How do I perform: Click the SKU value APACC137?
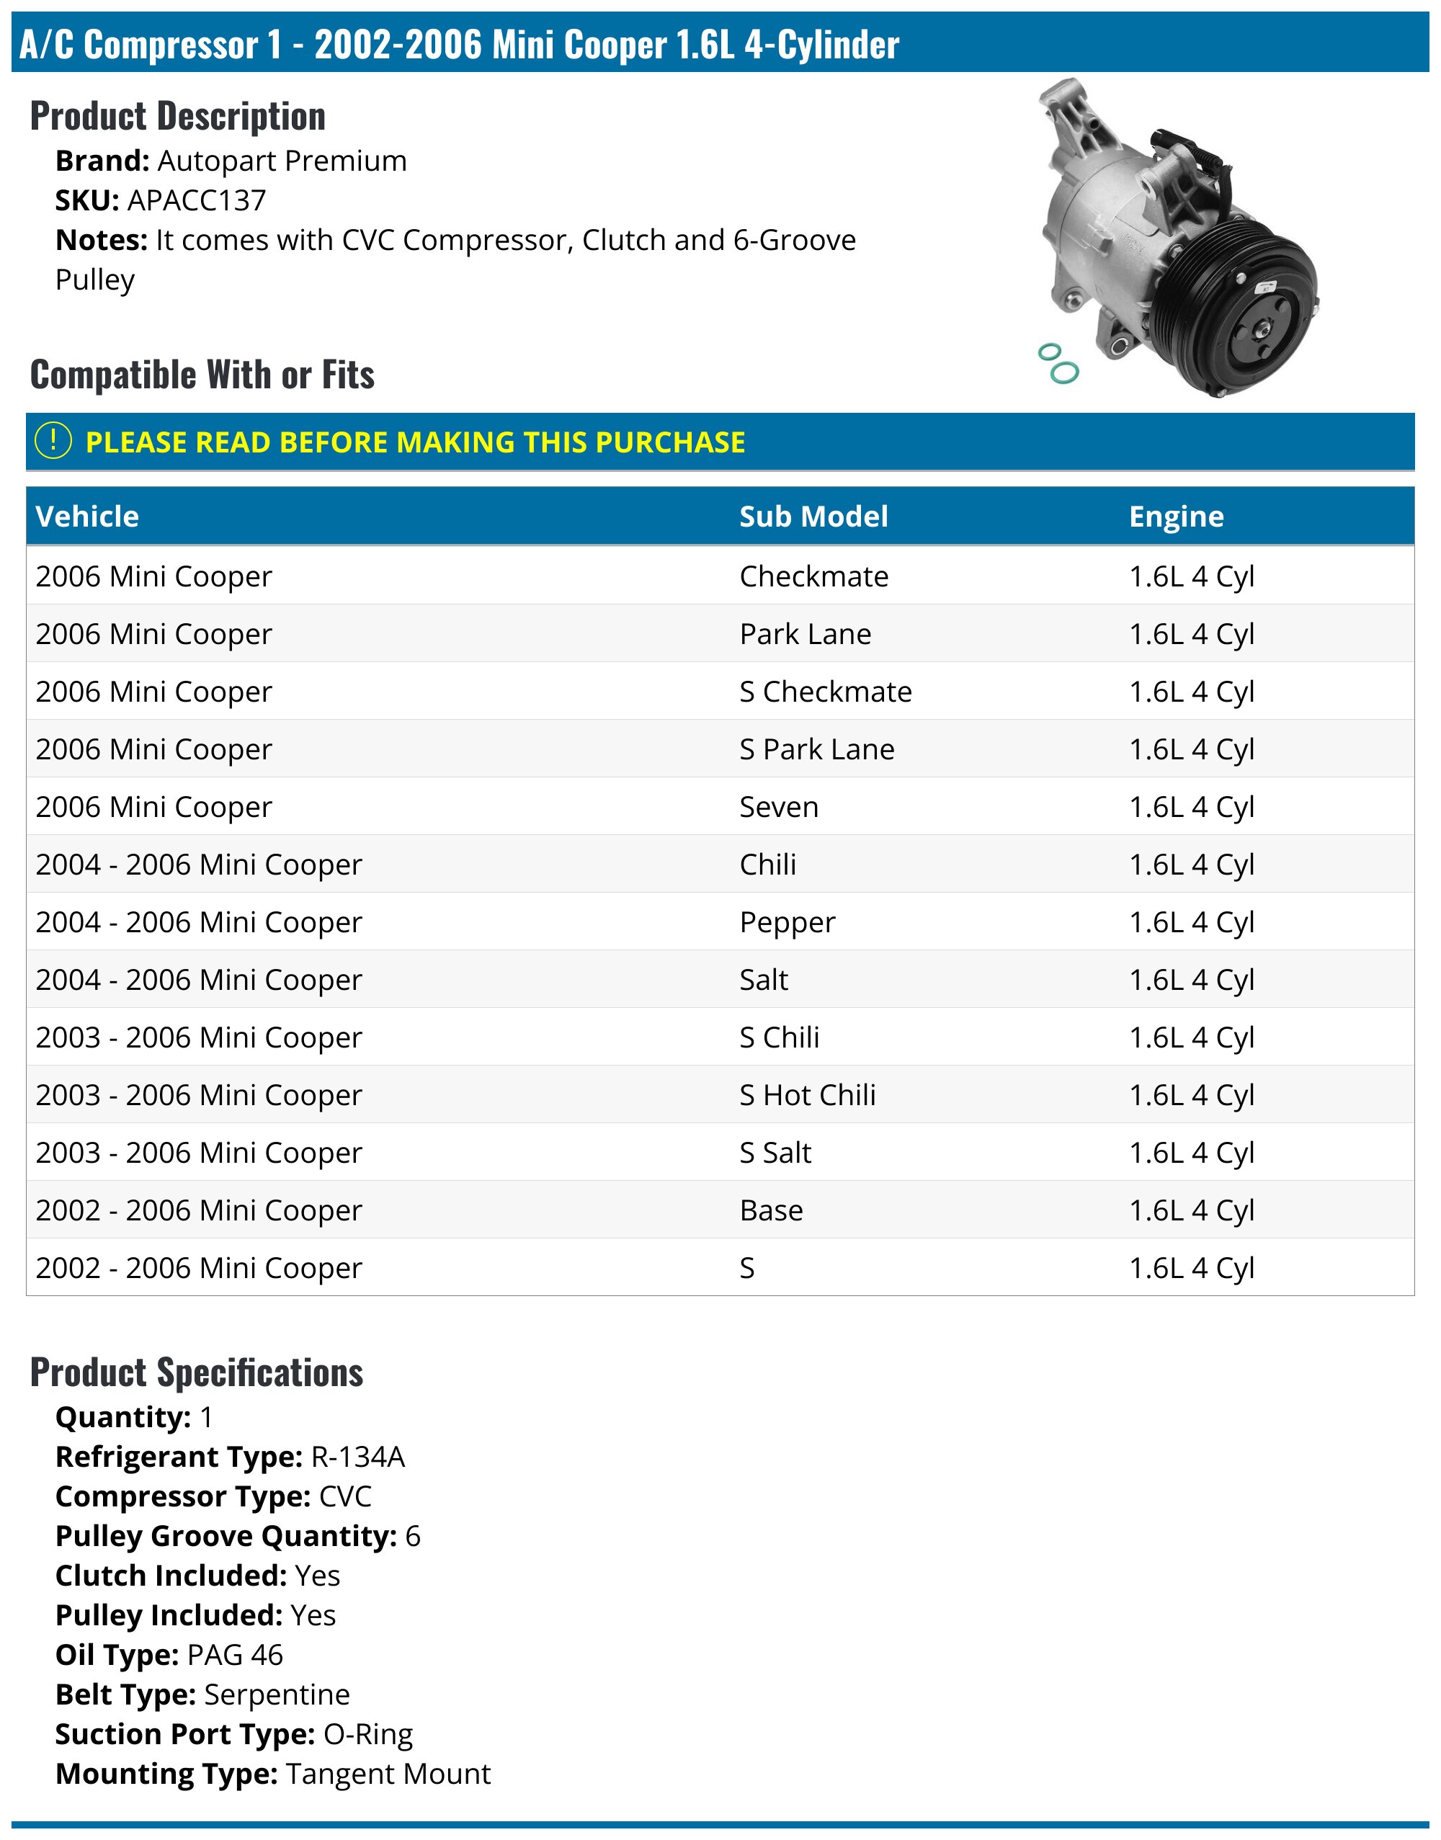pos(197,201)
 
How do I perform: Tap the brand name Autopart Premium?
pos(282,161)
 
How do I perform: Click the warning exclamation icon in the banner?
pos(53,441)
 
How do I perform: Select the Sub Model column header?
pos(813,517)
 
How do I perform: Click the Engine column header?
pos(1176,517)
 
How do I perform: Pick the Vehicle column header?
pos(87,517)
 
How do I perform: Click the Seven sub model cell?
pos(779,808)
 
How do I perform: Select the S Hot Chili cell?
pos(808,1095)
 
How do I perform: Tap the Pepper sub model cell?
pos(788,922)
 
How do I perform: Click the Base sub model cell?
pos(771,1210)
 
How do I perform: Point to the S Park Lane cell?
pos(816,749)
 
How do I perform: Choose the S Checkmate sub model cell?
pos(825,692)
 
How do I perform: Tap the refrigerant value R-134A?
pos(357,1457)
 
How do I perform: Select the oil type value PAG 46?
pos(235,1656)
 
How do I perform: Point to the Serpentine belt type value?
pos(277,1695)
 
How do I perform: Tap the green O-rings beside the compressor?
pos(1058,364)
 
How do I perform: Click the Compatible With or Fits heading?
pos(202,375)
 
